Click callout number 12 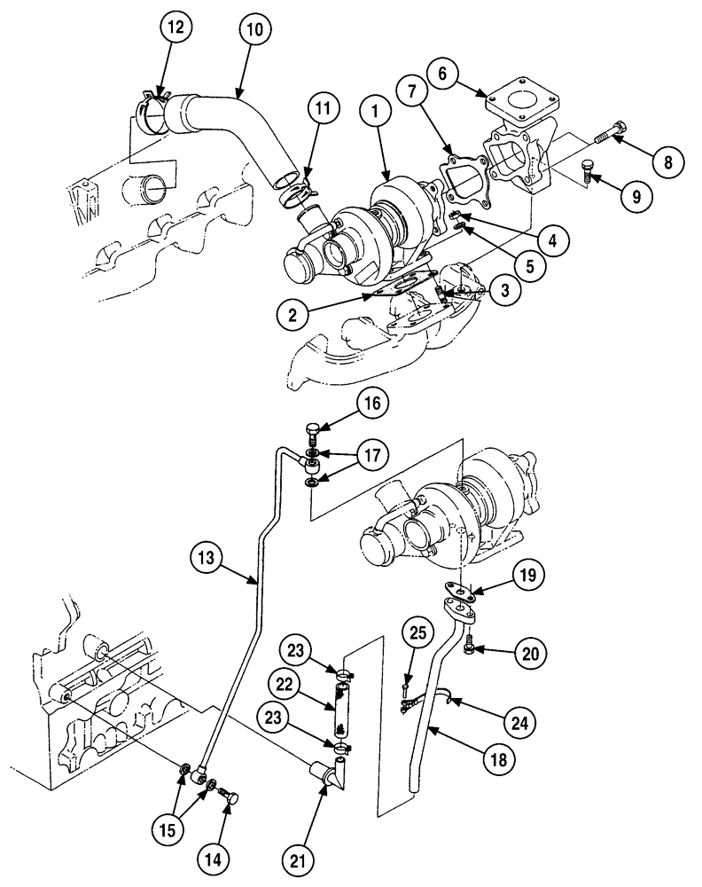coord(175,29)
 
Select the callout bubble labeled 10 coord(254,29)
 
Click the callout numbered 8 coord(667,162)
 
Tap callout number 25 coord(417,635)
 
